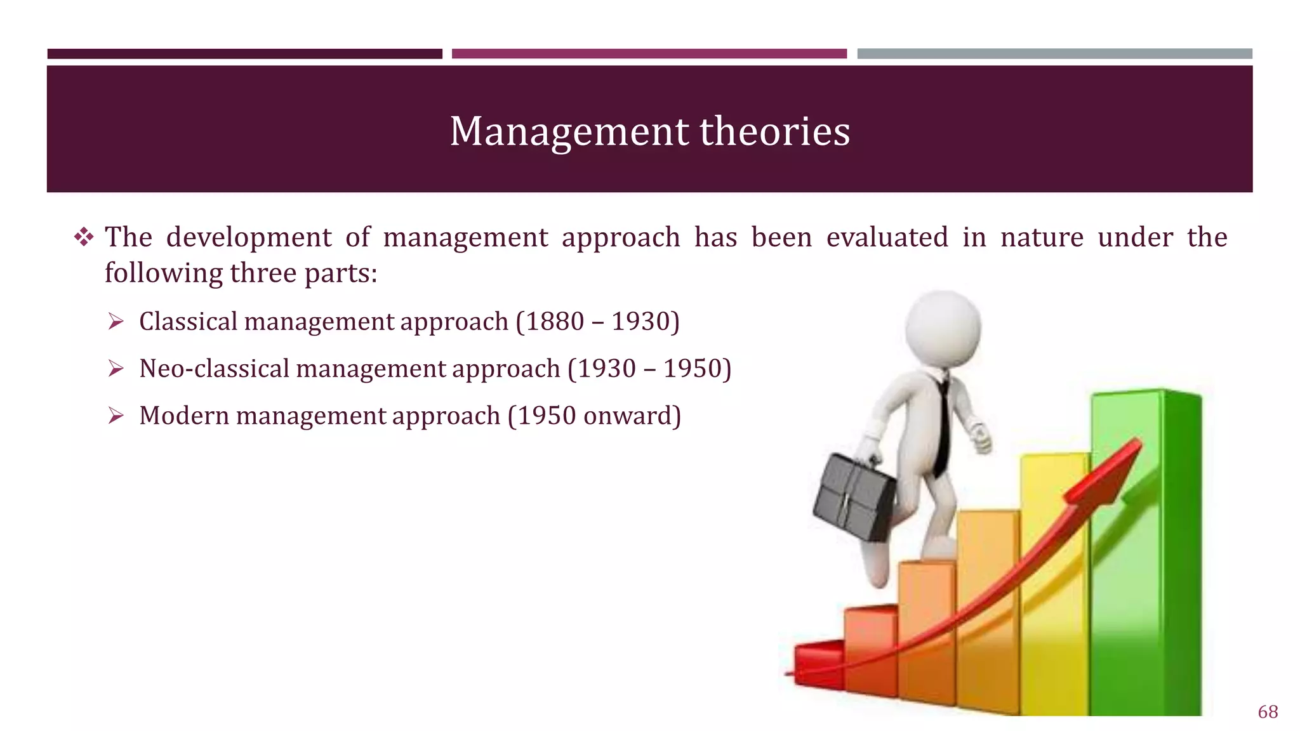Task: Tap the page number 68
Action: pos(1268,712)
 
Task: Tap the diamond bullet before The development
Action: pos(84,238)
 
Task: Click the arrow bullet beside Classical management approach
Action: pos(116,322)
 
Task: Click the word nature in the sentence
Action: pos(1042,238)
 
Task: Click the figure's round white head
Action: pos(943,329)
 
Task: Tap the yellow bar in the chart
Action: pos(1054,571)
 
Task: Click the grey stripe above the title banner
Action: pos(1054,54)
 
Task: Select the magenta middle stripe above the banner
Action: pos(649,54)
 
